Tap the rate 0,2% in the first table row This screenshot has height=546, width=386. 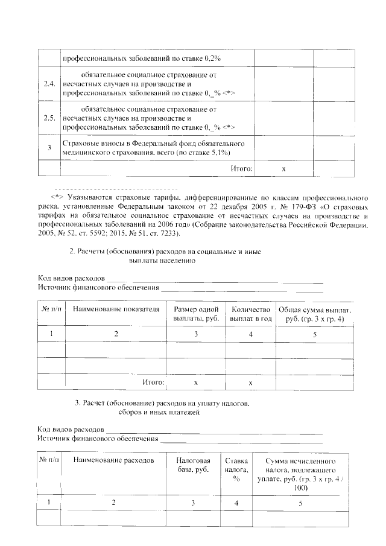tap(213, 59)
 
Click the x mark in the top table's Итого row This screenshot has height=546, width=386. tap(283, 170)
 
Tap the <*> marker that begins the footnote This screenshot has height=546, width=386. tap(57, 197)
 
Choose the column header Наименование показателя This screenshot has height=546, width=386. tap(116, 309)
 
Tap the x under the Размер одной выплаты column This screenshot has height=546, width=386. tap(195, 383)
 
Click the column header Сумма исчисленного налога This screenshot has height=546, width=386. tap(300, 473)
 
